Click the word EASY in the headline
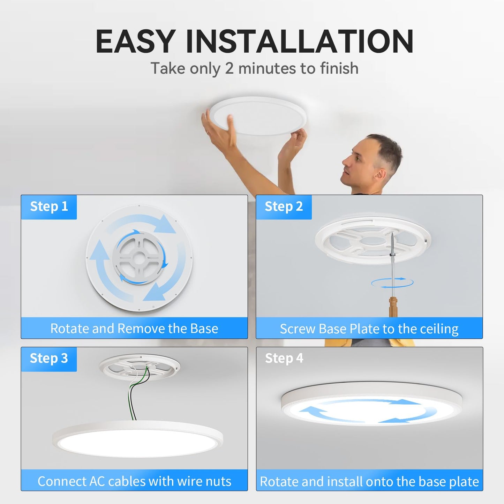click(135, 42)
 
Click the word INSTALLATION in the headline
click(300, 42)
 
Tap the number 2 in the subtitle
click(229, 68)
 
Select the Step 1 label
click(49, 206)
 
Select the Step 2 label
click(284, 206)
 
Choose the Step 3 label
click(49, 359)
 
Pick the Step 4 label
click(284, 359)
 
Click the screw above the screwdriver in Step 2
click(392, 244)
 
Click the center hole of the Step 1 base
click(139, 258)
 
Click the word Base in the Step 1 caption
click(204, 329)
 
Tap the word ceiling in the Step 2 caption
click(439, 329)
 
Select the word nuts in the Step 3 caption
click(218, 481)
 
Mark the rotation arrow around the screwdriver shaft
click(392, 283)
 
